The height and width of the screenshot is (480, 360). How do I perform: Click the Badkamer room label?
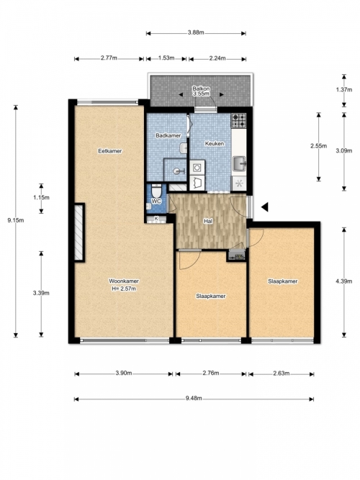coord(168,135)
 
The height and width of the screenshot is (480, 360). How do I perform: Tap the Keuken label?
coord(214,143)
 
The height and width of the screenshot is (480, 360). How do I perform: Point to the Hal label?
coord(208,221)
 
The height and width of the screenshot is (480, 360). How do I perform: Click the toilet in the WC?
coord(156,191)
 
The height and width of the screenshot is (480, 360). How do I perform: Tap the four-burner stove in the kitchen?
coord(238,121)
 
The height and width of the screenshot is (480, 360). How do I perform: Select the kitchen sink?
coord(239,163)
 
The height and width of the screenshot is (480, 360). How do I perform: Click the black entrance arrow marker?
coord(265,207)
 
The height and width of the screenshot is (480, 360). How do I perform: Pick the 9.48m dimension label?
coord(194,398)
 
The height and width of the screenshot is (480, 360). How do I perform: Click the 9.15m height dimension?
coord(16,219)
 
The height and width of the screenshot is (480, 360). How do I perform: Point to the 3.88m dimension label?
coord(196,33)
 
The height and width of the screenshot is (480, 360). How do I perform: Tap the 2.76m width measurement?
coord(211,373)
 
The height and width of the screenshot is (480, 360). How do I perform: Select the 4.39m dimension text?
coord(343,281)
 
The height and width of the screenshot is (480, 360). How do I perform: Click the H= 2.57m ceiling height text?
coord(124,289)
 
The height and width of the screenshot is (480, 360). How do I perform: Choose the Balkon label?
coord(201,89)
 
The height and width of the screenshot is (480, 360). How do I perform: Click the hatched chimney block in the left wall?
coord(79,232)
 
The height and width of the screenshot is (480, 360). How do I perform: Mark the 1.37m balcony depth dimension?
coord(343,90)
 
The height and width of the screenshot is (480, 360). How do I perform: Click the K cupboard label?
coord(156,218)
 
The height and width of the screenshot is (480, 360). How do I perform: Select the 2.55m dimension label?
coord(319,146)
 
